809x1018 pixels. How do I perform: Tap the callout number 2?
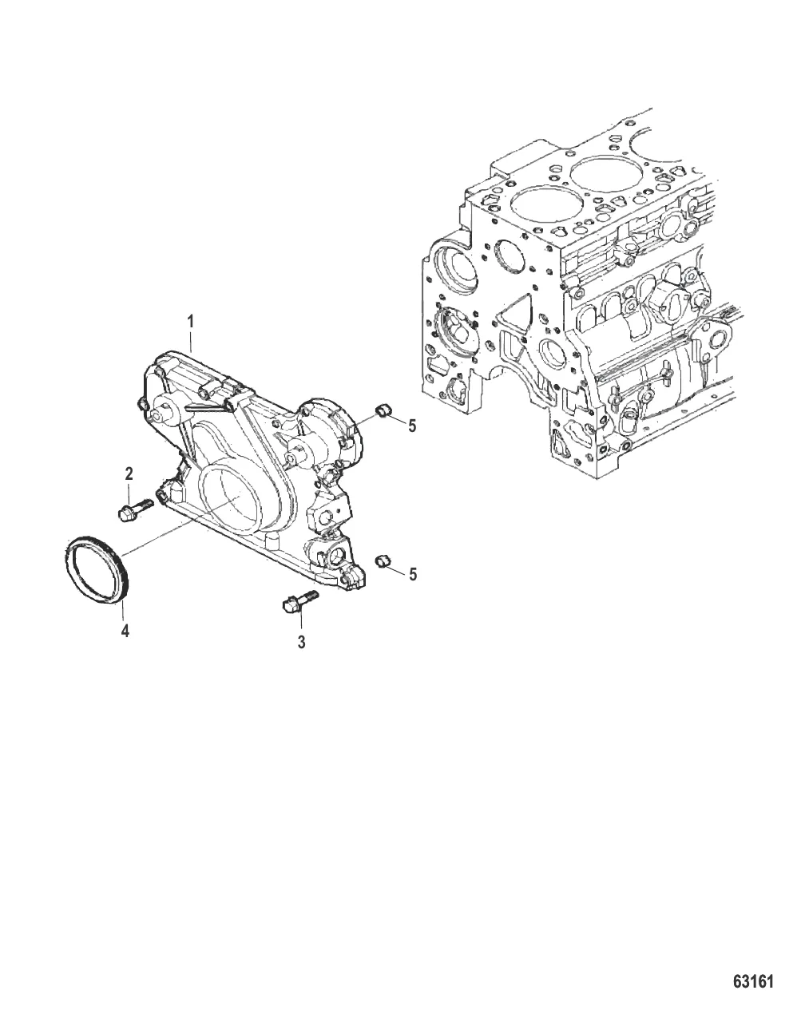(x=129, y=474)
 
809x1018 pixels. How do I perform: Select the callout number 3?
(x=301, y=642)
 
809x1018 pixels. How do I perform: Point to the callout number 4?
(x=125, y=631)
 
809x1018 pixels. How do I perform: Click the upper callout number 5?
(x=413, y=426)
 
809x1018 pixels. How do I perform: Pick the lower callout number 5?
(x=413, y=574)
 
